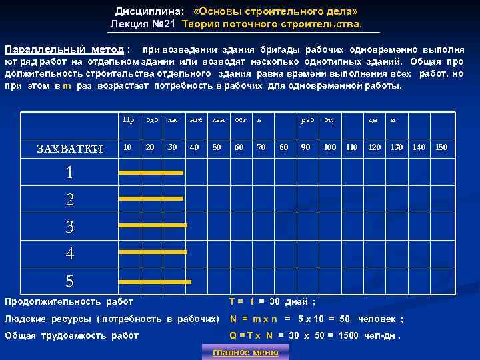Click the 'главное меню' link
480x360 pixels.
[x=245, y=352]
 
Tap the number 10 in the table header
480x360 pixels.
[x=127, y=147]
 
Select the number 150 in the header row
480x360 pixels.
[x=441, y=147]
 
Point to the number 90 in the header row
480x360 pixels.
[x=305, y=147]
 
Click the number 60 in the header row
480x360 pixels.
[x=239, y=147]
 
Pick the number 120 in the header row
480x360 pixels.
[x=375, y=147]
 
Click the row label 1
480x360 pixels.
[x=69, y=173]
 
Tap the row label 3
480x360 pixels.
[x=69, y=227]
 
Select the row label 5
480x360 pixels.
[x=69, y=281]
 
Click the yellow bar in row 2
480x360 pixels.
[x=150, y=199]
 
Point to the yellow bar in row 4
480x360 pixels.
[x=152, y=252]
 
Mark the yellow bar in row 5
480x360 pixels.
[x=154, y=282]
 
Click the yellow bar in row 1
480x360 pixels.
[x=150, y=173]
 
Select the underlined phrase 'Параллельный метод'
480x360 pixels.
[x=64, y=50]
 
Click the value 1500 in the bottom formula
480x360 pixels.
[x=349, y=335]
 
